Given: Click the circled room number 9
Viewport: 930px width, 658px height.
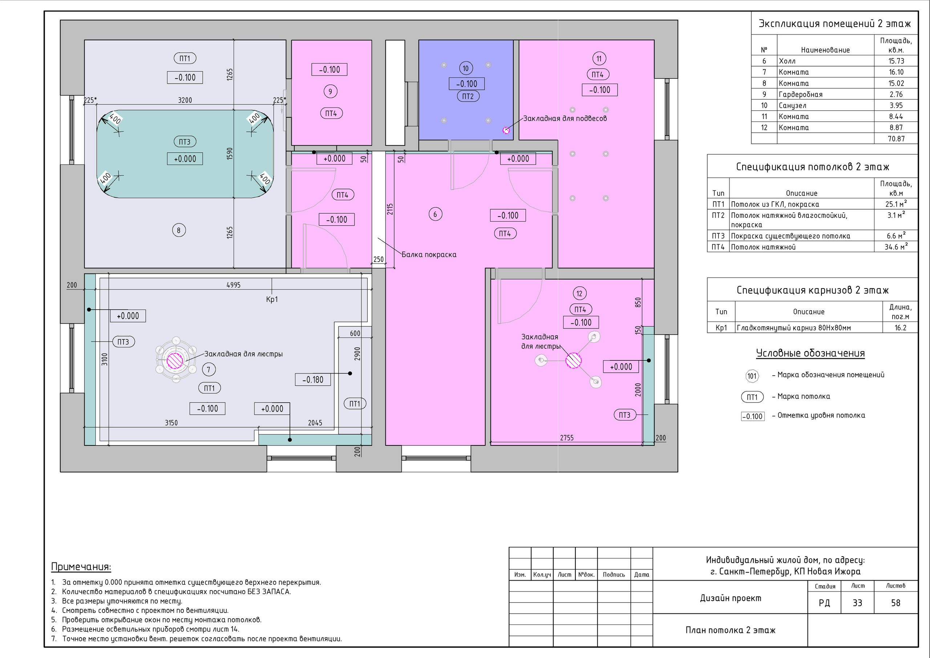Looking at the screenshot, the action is tap(330, 91).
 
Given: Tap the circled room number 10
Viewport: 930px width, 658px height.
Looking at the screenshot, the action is tap(465, 68).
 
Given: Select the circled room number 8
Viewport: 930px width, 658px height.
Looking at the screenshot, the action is tap(179, 231).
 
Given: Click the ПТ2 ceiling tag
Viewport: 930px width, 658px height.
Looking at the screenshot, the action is tap(468, 96).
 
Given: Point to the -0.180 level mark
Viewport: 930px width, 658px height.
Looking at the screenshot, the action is tap(313, 380).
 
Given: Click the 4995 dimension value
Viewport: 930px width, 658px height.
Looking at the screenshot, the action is tap(233, 285).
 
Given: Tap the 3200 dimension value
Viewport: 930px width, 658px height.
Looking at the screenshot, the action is tap(185, 100).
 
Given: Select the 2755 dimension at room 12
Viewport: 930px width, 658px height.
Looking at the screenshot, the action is tap(567, 437).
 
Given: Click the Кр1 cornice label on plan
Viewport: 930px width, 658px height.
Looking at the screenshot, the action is tap(272, 299).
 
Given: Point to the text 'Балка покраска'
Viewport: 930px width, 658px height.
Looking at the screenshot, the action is tap(429, 254).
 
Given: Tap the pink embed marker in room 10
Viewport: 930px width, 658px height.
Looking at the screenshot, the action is tap(506, 130).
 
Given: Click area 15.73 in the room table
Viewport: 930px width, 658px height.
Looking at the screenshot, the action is tap(896, 61).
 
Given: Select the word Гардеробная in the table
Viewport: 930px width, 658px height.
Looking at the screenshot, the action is tap(800, 94).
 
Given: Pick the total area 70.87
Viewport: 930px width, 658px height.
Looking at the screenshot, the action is tap(896, 138).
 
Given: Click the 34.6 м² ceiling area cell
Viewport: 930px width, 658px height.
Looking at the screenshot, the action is tap(896, 246).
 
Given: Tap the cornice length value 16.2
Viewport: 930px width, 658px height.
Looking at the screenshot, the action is tap(901, 327).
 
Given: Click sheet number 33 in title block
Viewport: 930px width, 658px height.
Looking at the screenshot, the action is tap(857, 603).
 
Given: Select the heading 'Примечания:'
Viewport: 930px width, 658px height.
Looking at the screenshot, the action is tap(81, 567).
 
